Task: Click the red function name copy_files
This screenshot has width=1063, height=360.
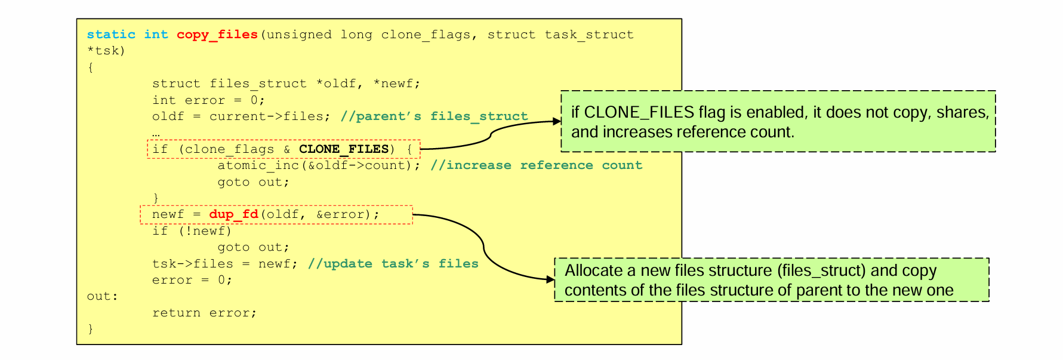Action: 217,35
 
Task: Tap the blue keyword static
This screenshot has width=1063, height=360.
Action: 111,35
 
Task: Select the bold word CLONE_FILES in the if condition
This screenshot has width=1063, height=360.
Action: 344,149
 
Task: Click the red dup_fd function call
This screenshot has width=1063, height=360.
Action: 233,214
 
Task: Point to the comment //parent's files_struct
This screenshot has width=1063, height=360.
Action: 434,116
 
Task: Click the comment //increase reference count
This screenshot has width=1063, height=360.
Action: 536,165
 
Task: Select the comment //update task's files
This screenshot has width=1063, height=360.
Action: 393,264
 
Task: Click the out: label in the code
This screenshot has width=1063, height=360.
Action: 102,296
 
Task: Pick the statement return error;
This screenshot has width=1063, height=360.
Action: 204,313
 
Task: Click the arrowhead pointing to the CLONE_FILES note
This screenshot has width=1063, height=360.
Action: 557,121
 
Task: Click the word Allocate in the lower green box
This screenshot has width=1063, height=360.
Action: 593,270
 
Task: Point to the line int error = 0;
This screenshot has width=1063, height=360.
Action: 208,100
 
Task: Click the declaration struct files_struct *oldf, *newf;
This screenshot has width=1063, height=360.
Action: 286,84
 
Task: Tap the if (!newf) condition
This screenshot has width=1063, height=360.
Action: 192,231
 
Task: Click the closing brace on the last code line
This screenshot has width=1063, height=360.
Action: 91,328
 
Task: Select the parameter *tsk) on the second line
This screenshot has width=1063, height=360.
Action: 106,51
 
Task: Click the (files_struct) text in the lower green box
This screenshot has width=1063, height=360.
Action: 821,270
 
